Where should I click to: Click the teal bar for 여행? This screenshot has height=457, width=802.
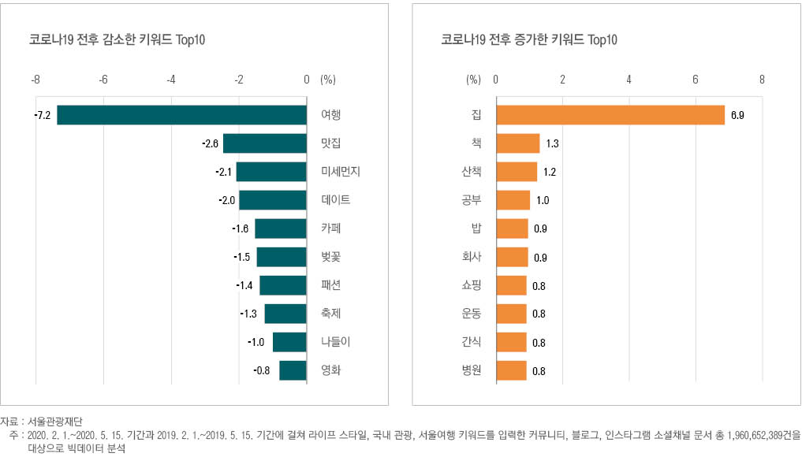[181, 115]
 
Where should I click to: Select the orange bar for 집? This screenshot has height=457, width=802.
[610, 115]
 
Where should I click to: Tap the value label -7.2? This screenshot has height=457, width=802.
[43, 115]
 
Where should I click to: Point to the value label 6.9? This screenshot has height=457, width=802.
[737, 115]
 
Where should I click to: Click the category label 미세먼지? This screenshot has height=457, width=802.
[341, 172]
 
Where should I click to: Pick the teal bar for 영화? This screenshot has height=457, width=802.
[293, 370]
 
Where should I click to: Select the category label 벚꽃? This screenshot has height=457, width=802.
[331, 257]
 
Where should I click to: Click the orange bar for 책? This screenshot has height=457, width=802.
[518, 143]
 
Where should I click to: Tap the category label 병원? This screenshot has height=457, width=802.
[472, 370]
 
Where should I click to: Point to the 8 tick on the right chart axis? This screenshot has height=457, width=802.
[762, 80]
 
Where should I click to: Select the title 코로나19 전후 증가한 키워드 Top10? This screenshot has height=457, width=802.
[529, 39]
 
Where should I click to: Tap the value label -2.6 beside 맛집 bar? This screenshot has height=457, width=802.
[210, 143]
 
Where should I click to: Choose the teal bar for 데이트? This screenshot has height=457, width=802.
[273, 200]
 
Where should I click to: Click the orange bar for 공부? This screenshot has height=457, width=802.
[513, 200]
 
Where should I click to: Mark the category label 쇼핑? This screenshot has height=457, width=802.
[472, 285]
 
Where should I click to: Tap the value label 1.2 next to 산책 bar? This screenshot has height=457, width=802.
[550, 172]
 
